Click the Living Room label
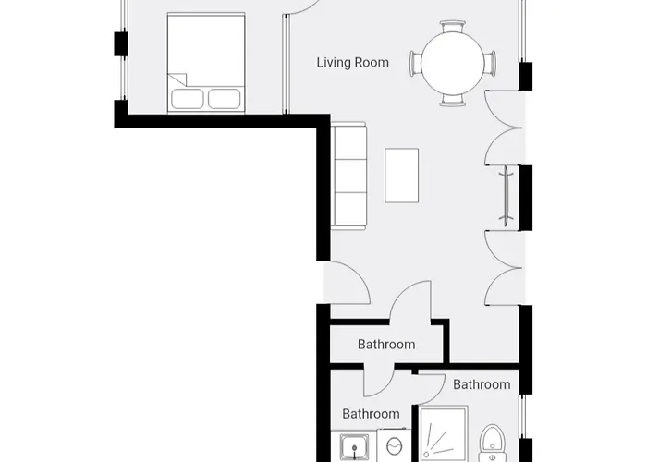352,63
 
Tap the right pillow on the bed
226,98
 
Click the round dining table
453,62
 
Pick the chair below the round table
453,98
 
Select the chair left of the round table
415,62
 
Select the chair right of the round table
491,62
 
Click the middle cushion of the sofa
350,175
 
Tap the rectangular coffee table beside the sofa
401,175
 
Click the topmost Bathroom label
386,345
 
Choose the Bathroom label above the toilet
482,384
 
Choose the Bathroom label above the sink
371,414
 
